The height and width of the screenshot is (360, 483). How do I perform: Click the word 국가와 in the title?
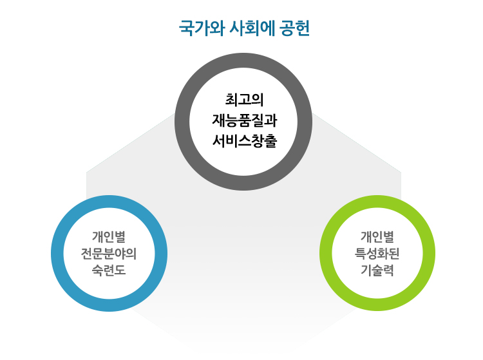tap(202, 28)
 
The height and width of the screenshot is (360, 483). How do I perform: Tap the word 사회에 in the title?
tap(252, 28)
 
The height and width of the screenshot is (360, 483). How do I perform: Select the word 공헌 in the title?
tap(294, 28)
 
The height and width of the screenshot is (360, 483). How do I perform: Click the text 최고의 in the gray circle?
tap(244, 99)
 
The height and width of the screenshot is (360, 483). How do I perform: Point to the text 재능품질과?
tap(245, 120)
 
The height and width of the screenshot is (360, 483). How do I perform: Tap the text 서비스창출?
tap(245, 141)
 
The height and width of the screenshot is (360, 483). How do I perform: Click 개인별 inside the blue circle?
tap(109, 237)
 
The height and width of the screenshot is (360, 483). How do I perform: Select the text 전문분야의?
tap(109, 254)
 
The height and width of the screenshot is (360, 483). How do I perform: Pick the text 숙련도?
tap(109, 270)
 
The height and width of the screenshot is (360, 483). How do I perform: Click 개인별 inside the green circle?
tap(377, 237)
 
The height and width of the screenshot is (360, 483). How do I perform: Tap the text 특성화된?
tap(377, 254)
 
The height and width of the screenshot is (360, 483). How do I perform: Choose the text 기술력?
tap(377, 270)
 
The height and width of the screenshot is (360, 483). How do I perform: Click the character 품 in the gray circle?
tap(245, 120)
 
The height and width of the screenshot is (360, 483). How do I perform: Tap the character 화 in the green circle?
tap(383, 254)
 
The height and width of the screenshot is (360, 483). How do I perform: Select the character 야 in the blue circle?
tap(120, 254)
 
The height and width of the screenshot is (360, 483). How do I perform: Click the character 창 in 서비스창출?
tap(258, 141)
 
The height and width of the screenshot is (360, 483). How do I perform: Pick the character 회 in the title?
tap(252, 28)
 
